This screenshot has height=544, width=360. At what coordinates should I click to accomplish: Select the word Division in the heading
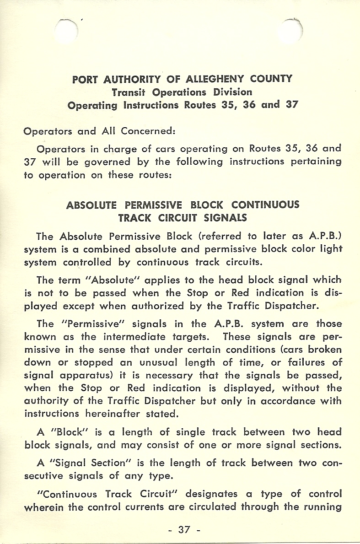(x=233, y=92)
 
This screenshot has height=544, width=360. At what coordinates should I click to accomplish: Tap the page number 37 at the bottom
(x=184, y=530)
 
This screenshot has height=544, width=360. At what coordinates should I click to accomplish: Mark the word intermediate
(x=144, y=337)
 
